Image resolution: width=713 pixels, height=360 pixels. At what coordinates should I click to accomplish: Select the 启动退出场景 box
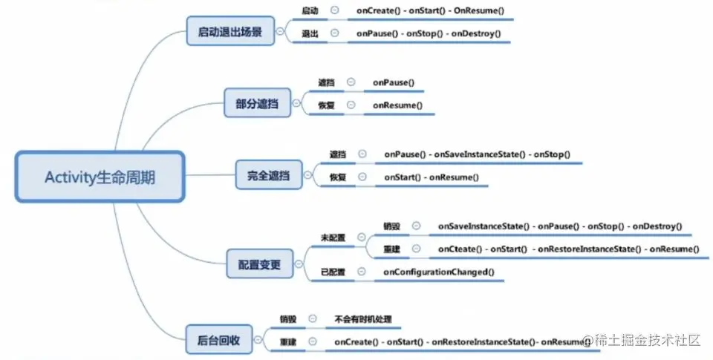point(229,33)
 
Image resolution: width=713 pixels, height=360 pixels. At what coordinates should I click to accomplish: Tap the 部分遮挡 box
point(257,105)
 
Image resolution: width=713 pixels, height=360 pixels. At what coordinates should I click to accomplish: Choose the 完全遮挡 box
point(268,177)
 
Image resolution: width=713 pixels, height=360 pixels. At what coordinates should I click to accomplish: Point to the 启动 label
point(310,11)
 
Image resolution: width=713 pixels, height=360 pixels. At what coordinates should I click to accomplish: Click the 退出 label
point(310,33)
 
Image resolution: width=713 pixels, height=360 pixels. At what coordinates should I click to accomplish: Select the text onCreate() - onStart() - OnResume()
point(430,11)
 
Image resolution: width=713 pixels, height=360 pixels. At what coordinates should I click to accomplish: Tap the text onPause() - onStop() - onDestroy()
point(429,33)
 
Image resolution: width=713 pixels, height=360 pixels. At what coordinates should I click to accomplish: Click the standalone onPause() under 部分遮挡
point(393,83)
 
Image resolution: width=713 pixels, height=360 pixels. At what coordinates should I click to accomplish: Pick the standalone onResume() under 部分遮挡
point(397,105)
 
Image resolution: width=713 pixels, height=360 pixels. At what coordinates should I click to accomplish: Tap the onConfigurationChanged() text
point(438,272)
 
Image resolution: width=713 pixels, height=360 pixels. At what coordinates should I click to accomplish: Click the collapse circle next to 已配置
point(361,272)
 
